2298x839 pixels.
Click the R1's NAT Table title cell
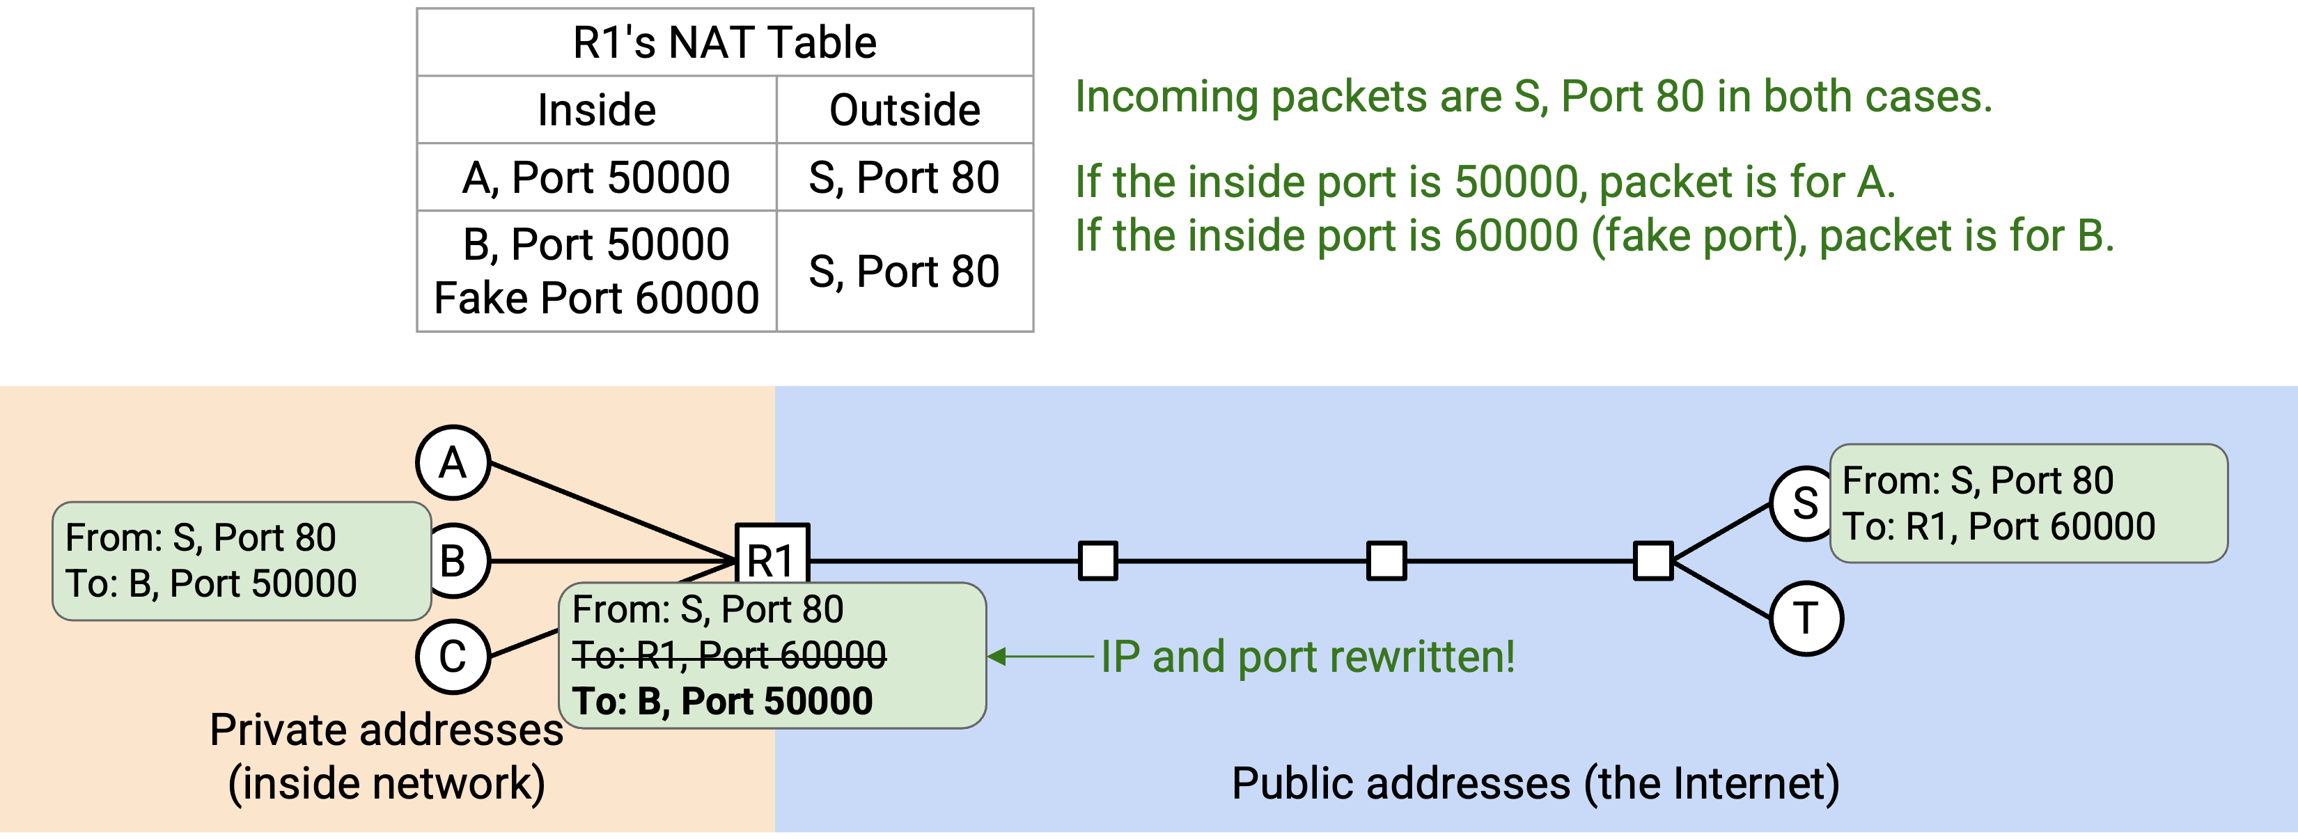pyautogui.click(x=724, y=42)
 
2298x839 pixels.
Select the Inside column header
pyautogui.click(x=597, y=110)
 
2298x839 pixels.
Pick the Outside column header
pyautogui.click(x=905, y=110)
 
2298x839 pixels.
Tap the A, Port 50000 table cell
pyautogui.click(x=597, y=177)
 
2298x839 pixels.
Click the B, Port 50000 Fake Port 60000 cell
pyautogui.click(x=597, y=271)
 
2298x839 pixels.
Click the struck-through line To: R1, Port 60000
pyautogui.click(x=729, y=655)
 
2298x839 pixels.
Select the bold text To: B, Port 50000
pyautogui.click(x=721, y=701)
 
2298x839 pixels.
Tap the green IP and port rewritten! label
pyautogui.click(x=1308, y=657)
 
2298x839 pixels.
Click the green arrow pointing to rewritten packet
pyautogui.click(x=1041, y=656)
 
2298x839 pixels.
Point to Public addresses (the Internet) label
pyautogui.click(x=1535, y=784)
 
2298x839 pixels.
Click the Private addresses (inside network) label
pyautogui.click(x=386, y=757)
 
